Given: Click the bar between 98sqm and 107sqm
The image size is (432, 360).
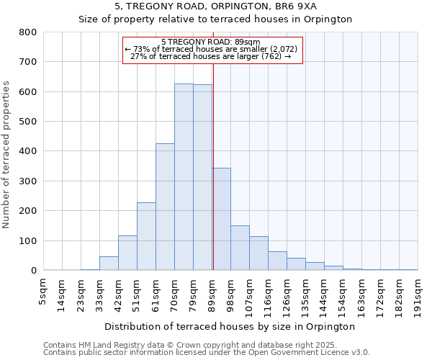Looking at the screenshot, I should click(240, 248).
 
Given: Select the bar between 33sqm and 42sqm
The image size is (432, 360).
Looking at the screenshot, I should click(109, 264).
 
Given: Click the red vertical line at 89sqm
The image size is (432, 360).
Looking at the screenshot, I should click(213, 166).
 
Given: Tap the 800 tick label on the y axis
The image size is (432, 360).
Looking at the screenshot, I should click(28, 32).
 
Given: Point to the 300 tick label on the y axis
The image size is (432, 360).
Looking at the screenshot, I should click(28, 181).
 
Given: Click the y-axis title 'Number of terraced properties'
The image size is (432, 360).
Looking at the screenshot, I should click(6, 155).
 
